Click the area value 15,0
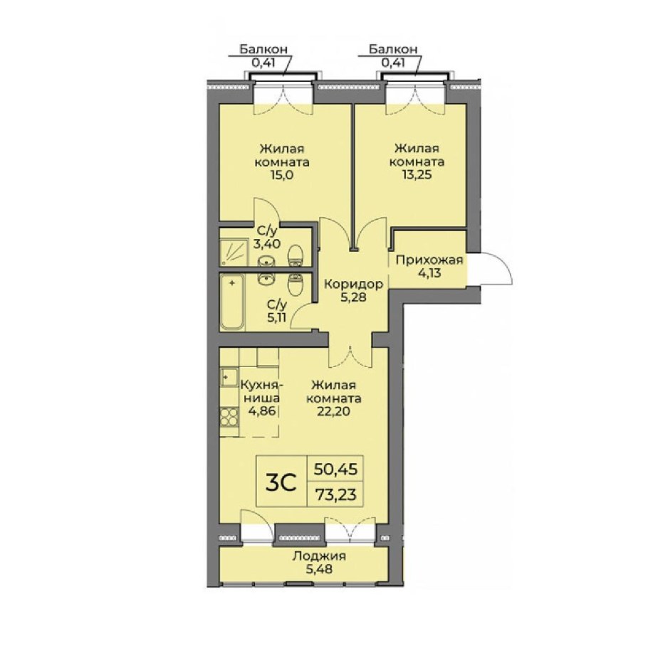tap(282, 175)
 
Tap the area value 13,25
tap(417, 175)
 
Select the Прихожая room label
tap(429, 260)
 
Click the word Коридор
tap(353, 284)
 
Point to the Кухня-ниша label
tap(261, 392)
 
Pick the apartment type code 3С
tap(281, 482)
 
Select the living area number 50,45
tap(335, 469)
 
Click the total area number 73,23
tap(335, 494)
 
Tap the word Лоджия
tap(319, 556)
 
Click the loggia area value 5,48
tap(319, 570)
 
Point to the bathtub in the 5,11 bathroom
tap(232, 302)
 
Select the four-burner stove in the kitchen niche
tap(229, 417)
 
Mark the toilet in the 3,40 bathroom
tap(296, 256)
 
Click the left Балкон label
tap(263, 50)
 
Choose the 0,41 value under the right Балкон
tap(393, 63)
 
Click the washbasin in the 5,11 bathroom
tap(266, 279)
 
